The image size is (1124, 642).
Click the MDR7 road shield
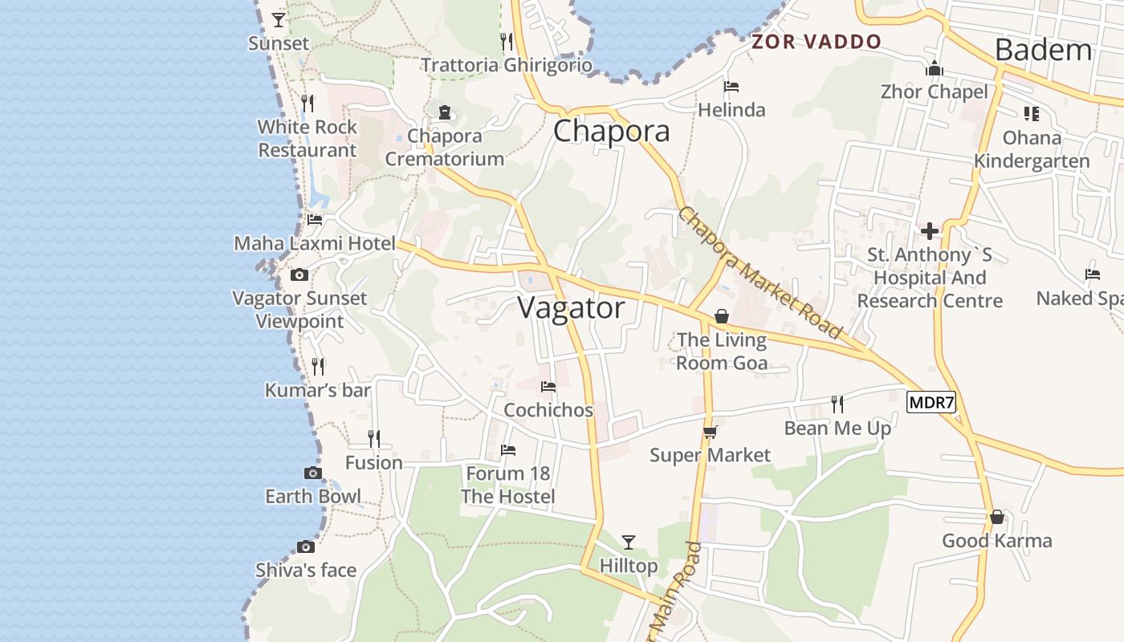(932, 402)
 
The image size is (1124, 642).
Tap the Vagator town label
(571, 308)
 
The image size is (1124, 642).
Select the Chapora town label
(612, 132)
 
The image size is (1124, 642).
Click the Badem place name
(1043, 50)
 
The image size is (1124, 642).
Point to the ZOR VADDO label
(817, 42)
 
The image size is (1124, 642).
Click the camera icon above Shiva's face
(305, 547)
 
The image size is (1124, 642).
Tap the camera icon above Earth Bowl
(313, 473)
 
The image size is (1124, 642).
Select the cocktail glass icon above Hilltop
(629, 542)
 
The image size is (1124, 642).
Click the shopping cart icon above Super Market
(710, 432)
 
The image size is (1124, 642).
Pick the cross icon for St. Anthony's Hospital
(930, 231)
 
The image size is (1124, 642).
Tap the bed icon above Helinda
(731, 87)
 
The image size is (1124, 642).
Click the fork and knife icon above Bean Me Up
(837, 404)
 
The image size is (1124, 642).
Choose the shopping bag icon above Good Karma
(996, 517)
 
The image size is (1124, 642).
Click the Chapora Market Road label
(759, 272)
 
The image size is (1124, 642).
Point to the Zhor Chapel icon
(934, 69)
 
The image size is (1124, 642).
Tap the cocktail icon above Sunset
(279, 19)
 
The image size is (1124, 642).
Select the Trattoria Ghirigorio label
(507, 65)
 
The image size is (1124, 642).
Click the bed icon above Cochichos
(548, 387)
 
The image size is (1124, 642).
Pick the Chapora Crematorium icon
(445, 112)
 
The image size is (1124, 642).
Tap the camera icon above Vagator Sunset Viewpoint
(299, 275)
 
